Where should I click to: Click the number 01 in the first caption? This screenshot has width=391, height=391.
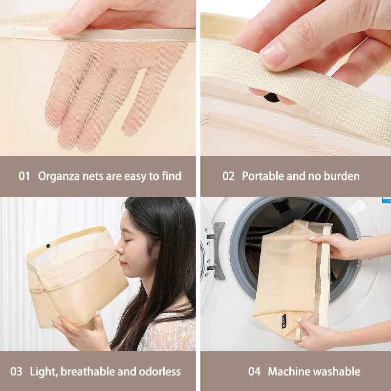pos(24,176)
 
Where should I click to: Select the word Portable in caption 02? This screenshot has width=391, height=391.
pos(263,176)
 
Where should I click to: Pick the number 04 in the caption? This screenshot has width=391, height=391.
pos(254,371)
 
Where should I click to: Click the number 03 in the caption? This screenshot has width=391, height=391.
pos(16,371)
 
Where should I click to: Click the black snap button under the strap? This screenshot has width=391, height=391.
pos(272,97)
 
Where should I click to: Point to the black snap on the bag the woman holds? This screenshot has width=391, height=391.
pos(48,246)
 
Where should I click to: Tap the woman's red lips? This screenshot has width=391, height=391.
pos(122,262)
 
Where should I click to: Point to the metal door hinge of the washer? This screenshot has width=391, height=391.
pos(216,251)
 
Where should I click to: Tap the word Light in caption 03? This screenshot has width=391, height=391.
pos(44,372)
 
